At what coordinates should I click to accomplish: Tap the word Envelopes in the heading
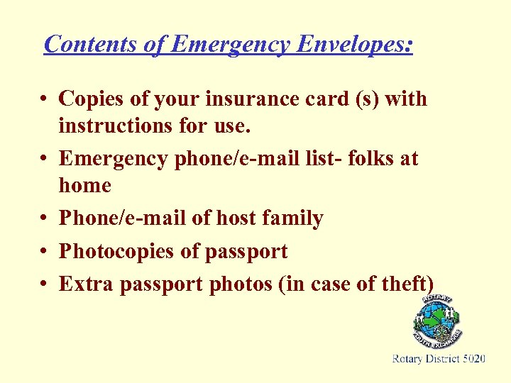(x=353, y=44)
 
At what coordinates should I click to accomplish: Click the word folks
(x=367, y=158)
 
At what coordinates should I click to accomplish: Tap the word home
(x=85, y=185)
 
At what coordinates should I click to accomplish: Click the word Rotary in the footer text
(x=407, y=360)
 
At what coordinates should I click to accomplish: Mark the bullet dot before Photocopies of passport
(x=44, y=252)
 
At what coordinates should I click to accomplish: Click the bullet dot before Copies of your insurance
(x=44, y=99)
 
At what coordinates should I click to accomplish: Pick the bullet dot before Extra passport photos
(x=44, y=284)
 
